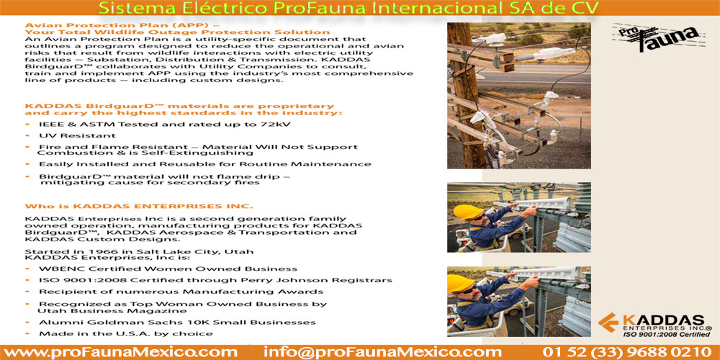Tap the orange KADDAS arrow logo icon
coord(609,323)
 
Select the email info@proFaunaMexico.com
coord(382,353)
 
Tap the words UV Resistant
coord(77,135)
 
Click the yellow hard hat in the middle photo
coord(468,212)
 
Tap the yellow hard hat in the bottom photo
coord(461,283)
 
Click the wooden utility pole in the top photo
coord(464,96)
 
